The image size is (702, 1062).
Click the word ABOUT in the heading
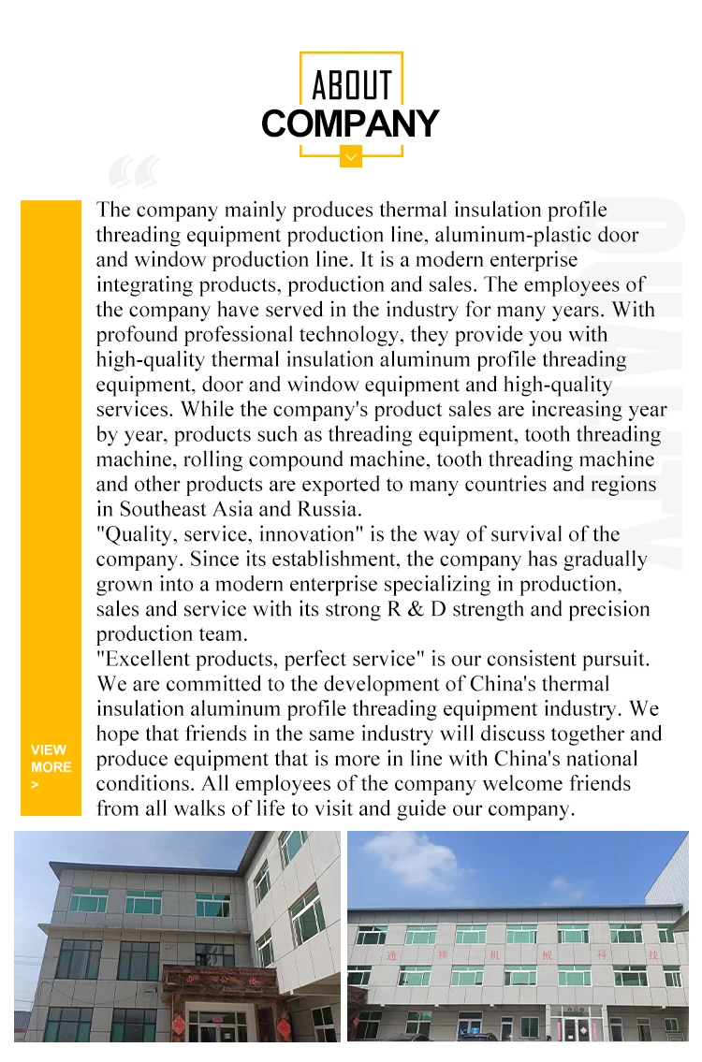[x=351, y=85]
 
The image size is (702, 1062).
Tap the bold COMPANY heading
[x=350, y=124]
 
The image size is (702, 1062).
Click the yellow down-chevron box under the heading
[x=351, y=156]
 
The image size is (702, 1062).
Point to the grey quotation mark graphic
[x=134, y=173]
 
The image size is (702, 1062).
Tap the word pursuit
[x=614, y=659]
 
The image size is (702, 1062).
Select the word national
[x=600, y=759]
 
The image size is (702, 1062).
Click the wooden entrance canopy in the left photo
[x=222, y=982]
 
